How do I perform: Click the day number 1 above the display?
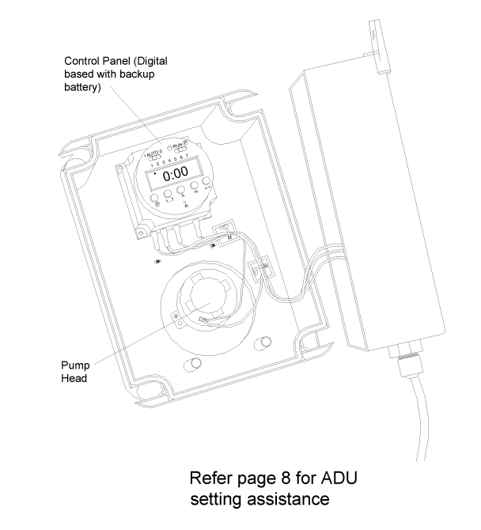(150, 161)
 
